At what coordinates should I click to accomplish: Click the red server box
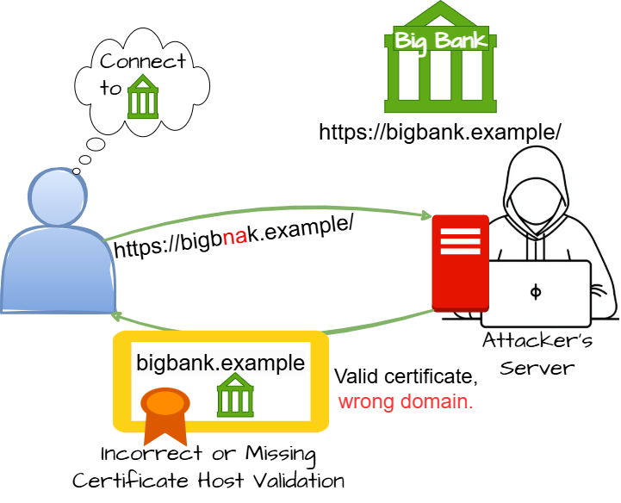(x=461, y=263)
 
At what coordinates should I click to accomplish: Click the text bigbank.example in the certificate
(x=220, y=363)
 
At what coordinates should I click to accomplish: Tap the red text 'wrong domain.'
(x=407, y=401)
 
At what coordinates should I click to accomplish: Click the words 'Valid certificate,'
(x=406, y=376)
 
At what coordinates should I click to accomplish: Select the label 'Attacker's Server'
(x=536, y=353)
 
